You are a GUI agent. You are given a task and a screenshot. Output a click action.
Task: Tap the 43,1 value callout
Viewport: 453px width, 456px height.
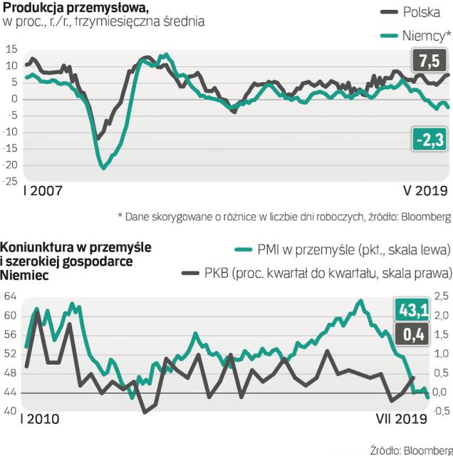pyautogui.click(x=412, y=311)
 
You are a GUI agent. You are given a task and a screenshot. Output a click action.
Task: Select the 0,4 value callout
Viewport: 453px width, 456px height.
pyautogui.click(x=412, y=333)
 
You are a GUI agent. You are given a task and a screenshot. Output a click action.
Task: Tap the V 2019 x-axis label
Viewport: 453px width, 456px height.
pyautogui.click(x=421, y=191)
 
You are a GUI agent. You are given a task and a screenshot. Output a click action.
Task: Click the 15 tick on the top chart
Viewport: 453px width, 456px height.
pyautogui.click(x=11, y=50)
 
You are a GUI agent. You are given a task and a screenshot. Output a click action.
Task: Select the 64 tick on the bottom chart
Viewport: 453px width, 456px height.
pyautogui.click(x=11, y=296)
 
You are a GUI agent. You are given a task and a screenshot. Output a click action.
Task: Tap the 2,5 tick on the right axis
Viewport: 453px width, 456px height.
pyautogui.click(x=441, y=296)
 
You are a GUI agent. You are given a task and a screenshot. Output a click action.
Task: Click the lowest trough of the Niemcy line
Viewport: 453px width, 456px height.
pyautogui.click(x=104, y=167)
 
